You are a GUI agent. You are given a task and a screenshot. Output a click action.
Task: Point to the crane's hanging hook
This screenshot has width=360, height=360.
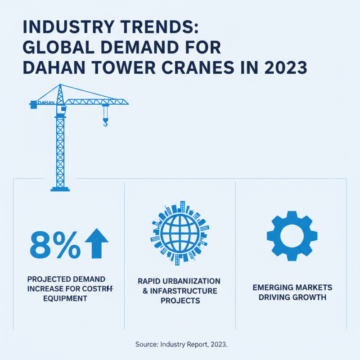[105, 121]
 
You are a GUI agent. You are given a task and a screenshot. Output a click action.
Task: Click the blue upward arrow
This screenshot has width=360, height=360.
[97, 243]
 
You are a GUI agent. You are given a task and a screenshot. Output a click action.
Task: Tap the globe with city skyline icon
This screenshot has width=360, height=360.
[180, 230]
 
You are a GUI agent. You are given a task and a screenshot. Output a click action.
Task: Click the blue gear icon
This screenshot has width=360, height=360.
[292, 236]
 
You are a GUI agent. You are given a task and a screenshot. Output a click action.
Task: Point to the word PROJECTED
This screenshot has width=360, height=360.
[45, 279]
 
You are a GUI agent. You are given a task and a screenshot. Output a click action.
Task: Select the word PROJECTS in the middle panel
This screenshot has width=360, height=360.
[180, 301]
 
